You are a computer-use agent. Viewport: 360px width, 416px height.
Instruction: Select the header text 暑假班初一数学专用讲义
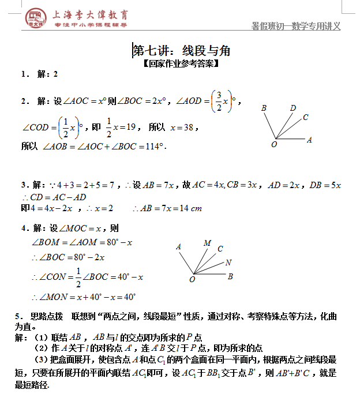tap(296, 26)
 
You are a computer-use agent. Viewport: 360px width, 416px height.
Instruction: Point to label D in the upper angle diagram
tap(293, 108)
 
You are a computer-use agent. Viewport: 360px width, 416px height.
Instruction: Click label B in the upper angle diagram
tap(264, 108)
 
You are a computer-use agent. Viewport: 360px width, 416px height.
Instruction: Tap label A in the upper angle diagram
tap(309, 140)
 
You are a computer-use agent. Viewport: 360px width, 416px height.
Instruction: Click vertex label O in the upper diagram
tap(274, 145)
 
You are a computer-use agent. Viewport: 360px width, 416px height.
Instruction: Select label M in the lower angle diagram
tap(207, 243)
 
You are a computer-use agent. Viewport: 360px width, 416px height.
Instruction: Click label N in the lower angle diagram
tap(228, 263)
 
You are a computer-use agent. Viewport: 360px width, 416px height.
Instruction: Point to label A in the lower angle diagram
tap(178, 247)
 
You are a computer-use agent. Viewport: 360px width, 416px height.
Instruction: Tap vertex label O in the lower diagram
tap(192, 279)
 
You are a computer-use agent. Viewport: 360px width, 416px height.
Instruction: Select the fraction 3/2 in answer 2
tap(219, 101)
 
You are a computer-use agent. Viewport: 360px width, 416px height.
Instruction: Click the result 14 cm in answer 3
tap(191, 208)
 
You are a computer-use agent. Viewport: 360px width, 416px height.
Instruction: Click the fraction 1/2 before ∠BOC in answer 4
tap(77, 277)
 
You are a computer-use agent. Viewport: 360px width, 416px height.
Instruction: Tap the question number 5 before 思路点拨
tap(19, 316)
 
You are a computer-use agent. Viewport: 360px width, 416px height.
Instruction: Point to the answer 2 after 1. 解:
tap(56, 74)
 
